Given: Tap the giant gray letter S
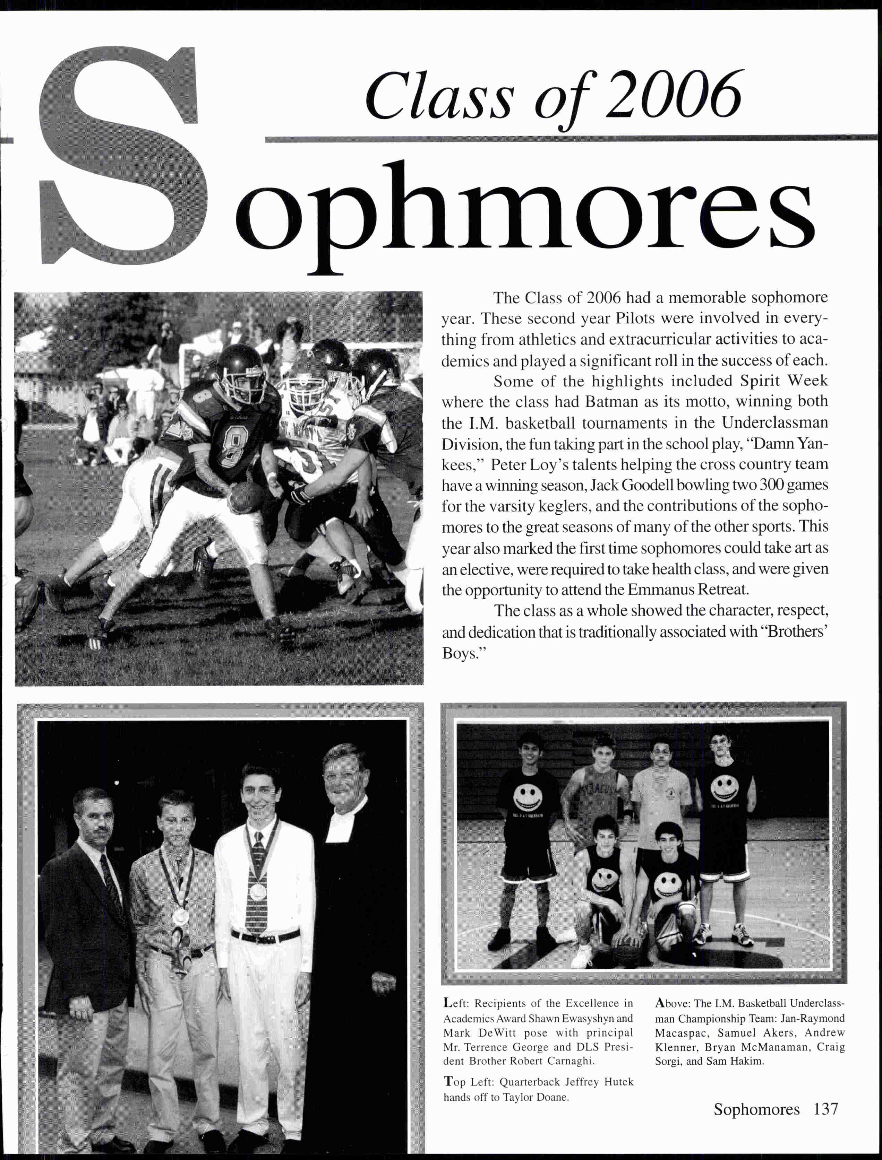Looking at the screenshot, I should click(126, 157).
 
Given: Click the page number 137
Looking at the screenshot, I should click(825, 1109).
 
